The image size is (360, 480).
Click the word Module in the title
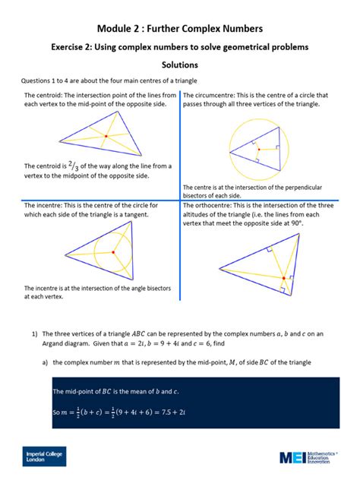point(119,28)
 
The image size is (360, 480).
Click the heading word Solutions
point(180,67)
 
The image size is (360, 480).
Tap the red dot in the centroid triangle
point(106,136)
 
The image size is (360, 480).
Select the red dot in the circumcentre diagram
point(258,150)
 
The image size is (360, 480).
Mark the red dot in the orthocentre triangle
point(283,279)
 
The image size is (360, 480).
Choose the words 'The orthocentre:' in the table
point(214,205)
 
